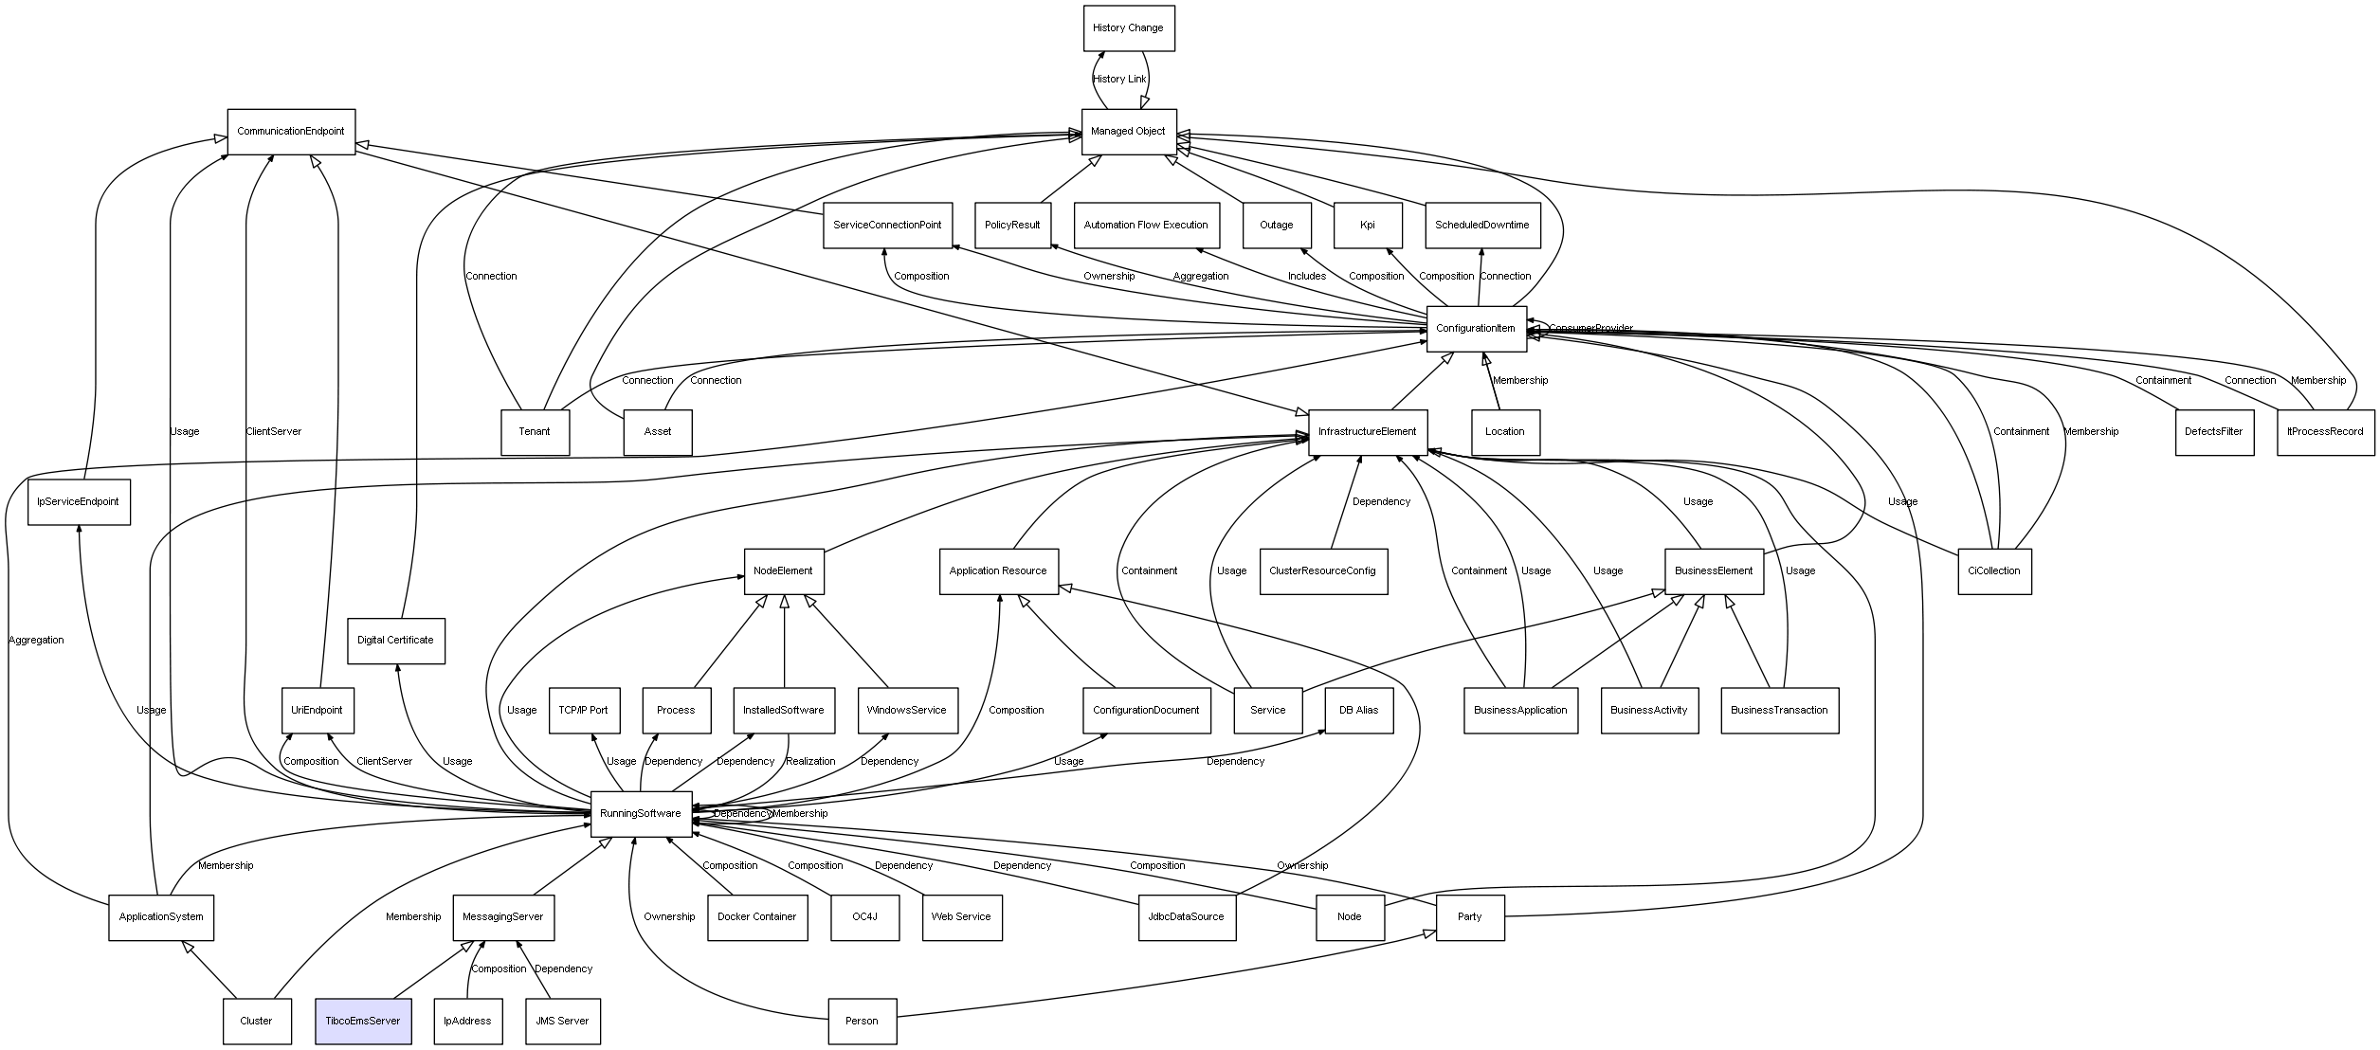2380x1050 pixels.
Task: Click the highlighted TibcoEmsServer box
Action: (x=363, y=1021)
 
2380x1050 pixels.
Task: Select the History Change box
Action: (x=1128, y=28)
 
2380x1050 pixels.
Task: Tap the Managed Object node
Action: (x=1128, y=132)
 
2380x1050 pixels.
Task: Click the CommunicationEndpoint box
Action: (x=291, y=132)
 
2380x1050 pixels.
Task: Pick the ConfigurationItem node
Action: (x=1476, y=329)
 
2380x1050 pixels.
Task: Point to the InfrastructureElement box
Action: (x=1367, y=432)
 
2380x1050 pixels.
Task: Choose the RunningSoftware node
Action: (x=641, y=814)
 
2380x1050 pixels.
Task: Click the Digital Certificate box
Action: (x=395, y=641)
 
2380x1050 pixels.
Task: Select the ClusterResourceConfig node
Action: (x=1322, y=571)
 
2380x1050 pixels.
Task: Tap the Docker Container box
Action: (x=756, y=917)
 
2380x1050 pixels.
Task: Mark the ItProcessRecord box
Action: (x=2325, y=432)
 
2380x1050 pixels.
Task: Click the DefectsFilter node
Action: (x=2213, y=432)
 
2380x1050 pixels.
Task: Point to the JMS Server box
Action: (x=562, y=1021)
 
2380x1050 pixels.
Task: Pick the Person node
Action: (x=862, y=1021)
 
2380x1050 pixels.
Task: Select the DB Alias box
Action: (x=1358, y=710)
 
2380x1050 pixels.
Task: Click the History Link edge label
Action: (x=1119, y=80)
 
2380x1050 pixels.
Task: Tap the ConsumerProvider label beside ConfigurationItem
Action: (x=1590, y=329)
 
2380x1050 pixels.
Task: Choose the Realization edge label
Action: (x=810, y=762)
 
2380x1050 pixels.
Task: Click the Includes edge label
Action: (x=1306, y=277)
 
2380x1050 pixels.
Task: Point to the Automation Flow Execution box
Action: (x=1146, y=226)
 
